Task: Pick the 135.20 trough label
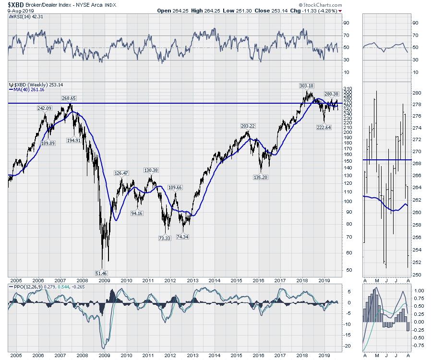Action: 261,177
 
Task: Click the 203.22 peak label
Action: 249,126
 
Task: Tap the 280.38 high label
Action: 332,94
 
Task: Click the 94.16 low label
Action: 138,213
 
